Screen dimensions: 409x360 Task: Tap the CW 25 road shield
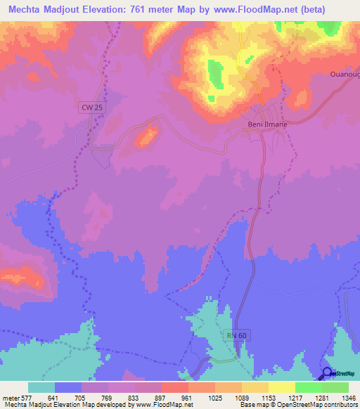pyautogui.click(x=87, y=106)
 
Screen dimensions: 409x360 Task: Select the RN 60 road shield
pyautogui.click(x=236, y=335)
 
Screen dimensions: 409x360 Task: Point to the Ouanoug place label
pyautogui.click(x=345, y=74)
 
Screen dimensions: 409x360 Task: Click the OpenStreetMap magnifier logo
pyautogui.click(x=328, y=374)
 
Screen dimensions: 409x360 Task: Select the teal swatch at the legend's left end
pyautogui.click(x=41, y=387)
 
